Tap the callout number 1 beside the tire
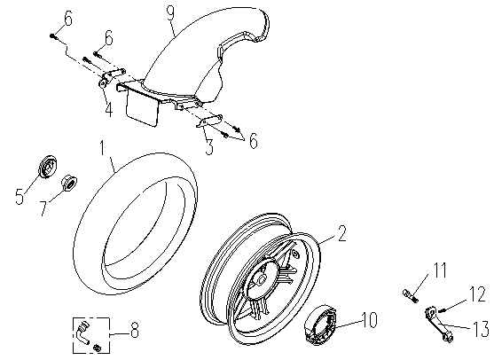tap(102, 148)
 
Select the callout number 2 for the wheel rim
tap(342, 233)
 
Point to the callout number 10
tap(369, 320)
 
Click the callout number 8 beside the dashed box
tap(135, 331)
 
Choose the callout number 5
tap(20, 197)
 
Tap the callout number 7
tap(43, 207)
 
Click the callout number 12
tap(478, 294)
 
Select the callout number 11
tap(439, 270)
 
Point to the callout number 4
tap(109, 109)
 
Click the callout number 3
tap(209, 147)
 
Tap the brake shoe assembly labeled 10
tap(320, 323)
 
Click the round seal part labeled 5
tap(49, 167)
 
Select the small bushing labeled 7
tap(68, 183)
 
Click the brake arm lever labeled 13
tap(439, 325)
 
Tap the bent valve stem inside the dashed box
tap(82, 333)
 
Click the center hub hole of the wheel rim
tap(261, 278)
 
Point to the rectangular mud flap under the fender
tap(142, 108)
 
